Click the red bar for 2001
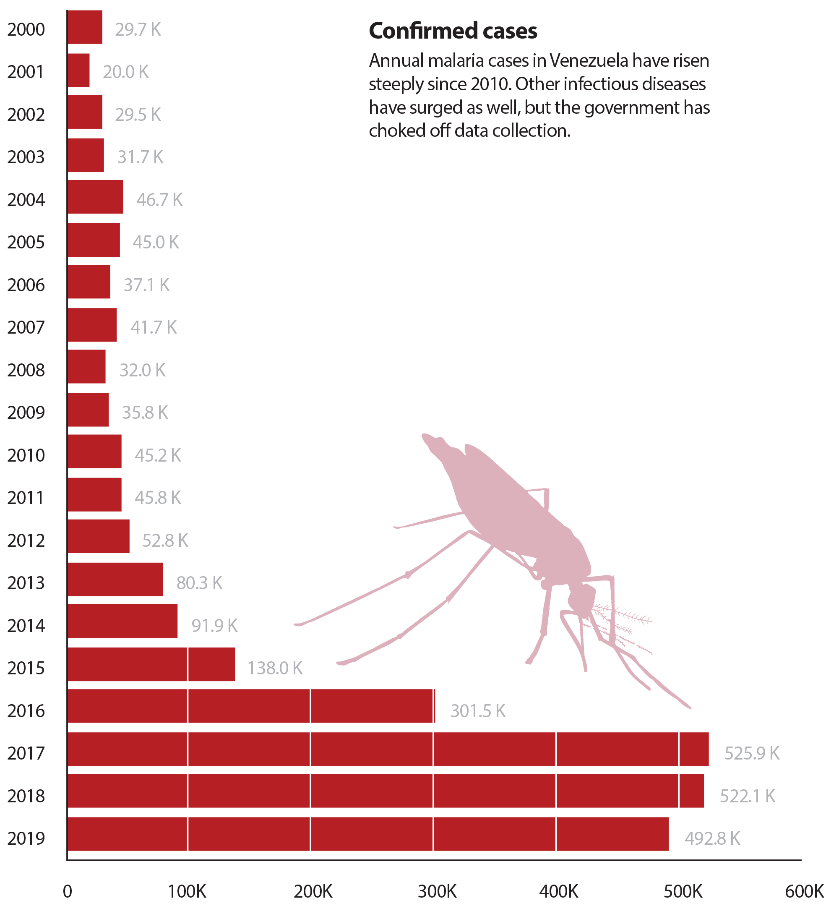[78, 70]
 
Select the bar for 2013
[115, 580]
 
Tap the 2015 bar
[151, 664]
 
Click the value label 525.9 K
[752, 753]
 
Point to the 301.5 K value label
[478, 711]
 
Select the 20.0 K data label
[126, 72]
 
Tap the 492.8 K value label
[712, 838]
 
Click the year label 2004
[26, 200]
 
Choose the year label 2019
[26, 838]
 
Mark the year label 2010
[26, 455]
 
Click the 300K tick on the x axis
[437, 891]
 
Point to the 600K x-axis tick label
[804, 891]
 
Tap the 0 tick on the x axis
[67, 891]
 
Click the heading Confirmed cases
[453, 31]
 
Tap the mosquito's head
[581, 599]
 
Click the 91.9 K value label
[214, 626]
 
